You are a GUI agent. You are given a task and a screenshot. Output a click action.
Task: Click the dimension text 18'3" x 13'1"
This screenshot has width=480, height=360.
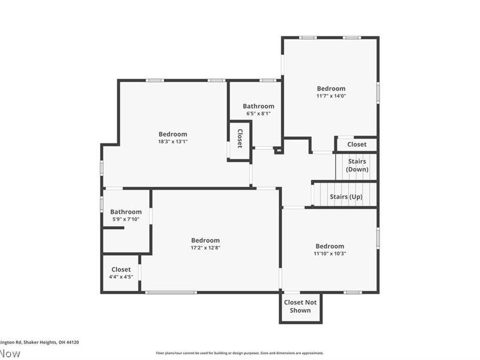coord(173,142)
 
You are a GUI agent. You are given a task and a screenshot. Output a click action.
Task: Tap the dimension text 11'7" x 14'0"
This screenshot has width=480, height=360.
coord(331,96)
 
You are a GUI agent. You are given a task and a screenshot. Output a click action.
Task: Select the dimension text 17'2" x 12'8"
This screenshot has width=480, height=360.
coord(205,248)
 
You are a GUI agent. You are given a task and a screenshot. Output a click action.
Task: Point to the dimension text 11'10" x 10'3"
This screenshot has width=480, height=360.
coord(330,254)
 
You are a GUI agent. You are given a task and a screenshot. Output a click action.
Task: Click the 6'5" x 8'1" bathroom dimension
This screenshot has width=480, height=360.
coord(259,114)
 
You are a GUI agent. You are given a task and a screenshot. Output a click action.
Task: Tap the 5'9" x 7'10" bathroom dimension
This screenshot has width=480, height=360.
coord(126,219)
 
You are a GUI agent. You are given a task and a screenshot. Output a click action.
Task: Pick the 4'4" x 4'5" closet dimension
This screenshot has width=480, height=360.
coord(121,277)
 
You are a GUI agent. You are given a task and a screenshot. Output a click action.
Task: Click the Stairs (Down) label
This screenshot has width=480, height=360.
coord(357,165)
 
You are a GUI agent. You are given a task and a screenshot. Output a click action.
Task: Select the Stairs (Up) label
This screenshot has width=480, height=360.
coord(346,197)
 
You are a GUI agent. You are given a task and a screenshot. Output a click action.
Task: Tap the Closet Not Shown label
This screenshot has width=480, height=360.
coord(300,306)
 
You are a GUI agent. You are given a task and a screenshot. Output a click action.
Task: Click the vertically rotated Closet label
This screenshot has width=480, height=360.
coord(239,139)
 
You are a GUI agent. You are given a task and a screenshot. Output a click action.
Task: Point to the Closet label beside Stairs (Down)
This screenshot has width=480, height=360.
coord(357,144)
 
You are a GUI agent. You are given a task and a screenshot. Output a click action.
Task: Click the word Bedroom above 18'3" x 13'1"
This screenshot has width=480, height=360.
coord(173,134)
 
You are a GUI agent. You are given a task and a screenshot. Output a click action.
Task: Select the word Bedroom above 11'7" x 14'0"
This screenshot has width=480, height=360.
coord(331,89)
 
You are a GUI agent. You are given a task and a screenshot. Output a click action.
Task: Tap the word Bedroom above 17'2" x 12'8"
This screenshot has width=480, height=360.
coord(205,241)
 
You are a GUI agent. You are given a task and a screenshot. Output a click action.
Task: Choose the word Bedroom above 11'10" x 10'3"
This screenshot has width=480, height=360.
coord(330,246)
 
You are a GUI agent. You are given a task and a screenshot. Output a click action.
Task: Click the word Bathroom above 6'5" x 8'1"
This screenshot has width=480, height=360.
coord(259,106)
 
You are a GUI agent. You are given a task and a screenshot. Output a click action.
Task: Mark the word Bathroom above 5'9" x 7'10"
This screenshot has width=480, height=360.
coord(126,212)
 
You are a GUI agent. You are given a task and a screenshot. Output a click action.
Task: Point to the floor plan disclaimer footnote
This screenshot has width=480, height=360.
coord(239,353)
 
